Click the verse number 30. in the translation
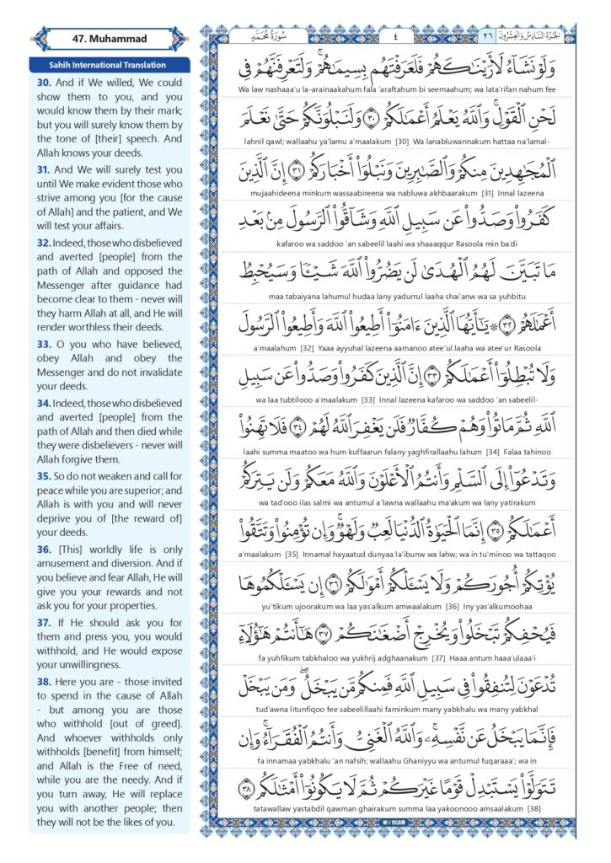(x=44, y=83)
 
